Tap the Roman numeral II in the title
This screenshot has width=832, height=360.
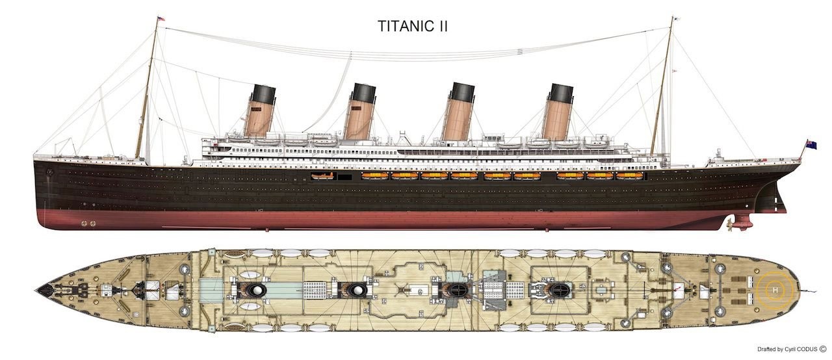[x=442, y=27]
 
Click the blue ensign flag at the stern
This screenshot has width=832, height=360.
[x=811, y=144]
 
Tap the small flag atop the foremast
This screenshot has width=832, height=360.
[x=162, y=19]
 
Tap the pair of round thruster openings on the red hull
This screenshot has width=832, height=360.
[x=87, y=223]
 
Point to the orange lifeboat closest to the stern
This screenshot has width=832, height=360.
[x=629, y=175]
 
